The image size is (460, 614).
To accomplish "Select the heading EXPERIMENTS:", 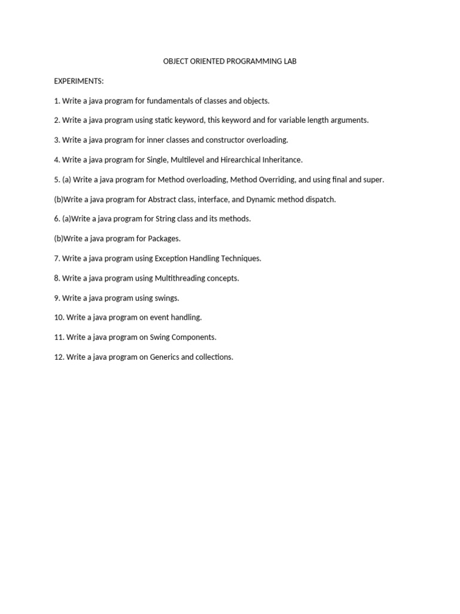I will pyautogui.click(x=78, y=81).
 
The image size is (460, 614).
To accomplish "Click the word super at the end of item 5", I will pyautogui.click(x=373, y=179).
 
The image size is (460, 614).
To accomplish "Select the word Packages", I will pyautogui.click(x=164, y=239).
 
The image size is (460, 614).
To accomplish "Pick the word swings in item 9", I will pyautogui.click(x=167, y=298).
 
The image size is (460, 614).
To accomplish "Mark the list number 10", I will pyautogui.click(x=59, y=317).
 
